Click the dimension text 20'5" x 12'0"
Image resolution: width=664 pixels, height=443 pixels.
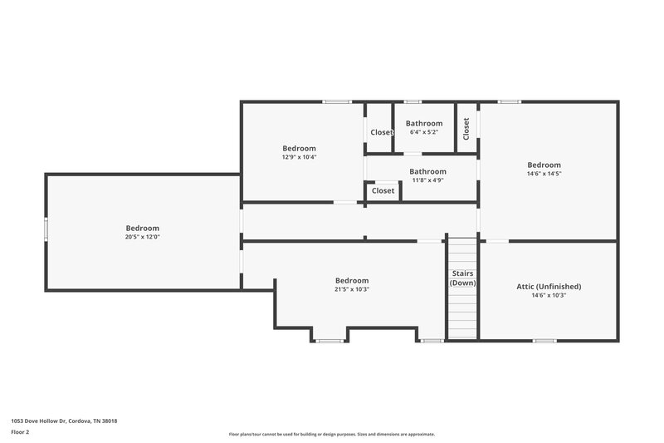142,237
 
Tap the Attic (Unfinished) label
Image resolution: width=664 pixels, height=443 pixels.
549,286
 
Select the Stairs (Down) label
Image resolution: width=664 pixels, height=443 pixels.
462,278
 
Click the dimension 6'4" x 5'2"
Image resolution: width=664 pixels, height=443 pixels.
423,132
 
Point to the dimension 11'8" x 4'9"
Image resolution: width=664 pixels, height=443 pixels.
427,180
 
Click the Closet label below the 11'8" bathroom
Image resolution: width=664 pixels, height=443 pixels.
383,190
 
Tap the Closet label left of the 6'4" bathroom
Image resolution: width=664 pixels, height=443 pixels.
382,132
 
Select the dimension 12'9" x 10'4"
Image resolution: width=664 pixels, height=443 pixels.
299,157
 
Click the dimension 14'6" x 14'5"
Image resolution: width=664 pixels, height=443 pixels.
544,174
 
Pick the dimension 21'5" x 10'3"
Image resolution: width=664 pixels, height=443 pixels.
351,289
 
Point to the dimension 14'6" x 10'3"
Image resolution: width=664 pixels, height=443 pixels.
549,295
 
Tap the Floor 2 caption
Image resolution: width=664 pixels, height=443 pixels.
21,432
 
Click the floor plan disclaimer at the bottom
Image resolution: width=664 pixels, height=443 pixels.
331,434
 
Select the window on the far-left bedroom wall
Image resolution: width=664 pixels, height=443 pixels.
46,230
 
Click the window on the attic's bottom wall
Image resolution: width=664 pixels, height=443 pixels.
544,340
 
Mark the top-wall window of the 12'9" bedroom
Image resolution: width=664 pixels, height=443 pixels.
337,102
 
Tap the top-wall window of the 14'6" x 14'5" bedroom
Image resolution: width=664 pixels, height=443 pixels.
509,102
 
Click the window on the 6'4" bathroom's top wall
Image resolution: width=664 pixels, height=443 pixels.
413,102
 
